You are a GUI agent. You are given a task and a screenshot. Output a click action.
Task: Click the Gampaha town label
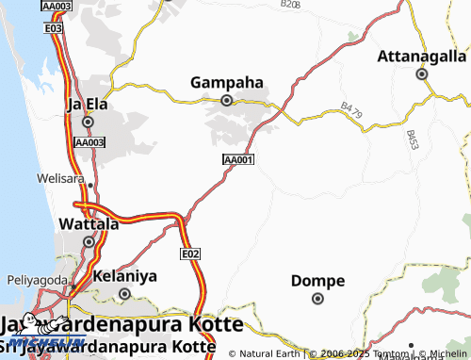226,82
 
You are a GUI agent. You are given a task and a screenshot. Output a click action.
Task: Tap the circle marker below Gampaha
226,100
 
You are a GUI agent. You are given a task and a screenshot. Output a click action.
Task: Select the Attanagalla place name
422,56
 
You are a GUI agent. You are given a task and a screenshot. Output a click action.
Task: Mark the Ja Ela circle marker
88,122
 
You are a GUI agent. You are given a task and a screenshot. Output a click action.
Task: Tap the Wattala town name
89,224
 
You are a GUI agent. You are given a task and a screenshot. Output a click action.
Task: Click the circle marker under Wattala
89,241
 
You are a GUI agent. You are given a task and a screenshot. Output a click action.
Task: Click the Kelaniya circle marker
124,294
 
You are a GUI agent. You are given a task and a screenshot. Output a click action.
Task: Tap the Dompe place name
317,281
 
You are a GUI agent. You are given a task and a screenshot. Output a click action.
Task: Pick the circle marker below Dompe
317,299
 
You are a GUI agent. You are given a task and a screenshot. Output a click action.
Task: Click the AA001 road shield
238,160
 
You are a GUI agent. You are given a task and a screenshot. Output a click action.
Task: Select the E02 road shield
190,254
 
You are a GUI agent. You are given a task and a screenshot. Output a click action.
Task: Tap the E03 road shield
54,29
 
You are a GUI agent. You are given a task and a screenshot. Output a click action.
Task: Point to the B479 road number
351,110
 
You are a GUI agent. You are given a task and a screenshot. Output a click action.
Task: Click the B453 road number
413,139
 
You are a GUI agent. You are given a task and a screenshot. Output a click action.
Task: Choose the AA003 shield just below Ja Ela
89,142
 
